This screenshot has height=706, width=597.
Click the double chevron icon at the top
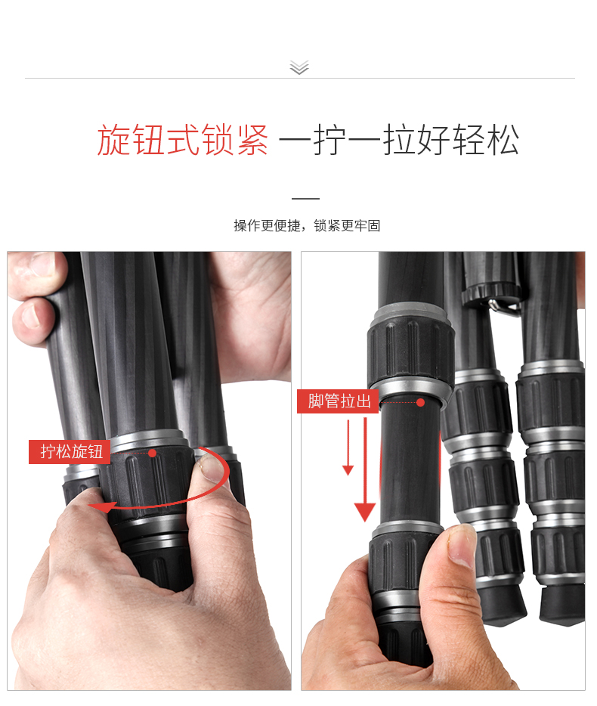[299, 67]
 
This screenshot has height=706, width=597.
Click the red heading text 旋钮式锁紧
[183, 140]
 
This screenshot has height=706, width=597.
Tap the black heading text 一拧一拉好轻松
[399, 140]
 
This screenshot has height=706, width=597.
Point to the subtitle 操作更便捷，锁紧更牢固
[307, 225]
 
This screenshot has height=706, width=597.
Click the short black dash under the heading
[305, 198]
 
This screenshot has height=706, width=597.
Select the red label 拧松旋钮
[70, 451]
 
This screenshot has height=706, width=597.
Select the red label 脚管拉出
[338, 401]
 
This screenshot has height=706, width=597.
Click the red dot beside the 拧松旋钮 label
[152, 453]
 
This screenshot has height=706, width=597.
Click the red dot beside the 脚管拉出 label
[420, 403]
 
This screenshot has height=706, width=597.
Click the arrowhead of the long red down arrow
[365, 512]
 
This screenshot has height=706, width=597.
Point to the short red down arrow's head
[348, 470]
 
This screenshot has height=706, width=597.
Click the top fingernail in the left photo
[39, 264]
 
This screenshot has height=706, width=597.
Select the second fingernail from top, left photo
[31, 315]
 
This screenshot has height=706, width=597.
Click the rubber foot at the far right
[563, 604]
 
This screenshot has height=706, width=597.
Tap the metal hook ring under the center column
[503, 308]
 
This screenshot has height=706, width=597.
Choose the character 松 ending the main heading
[503, 140]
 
